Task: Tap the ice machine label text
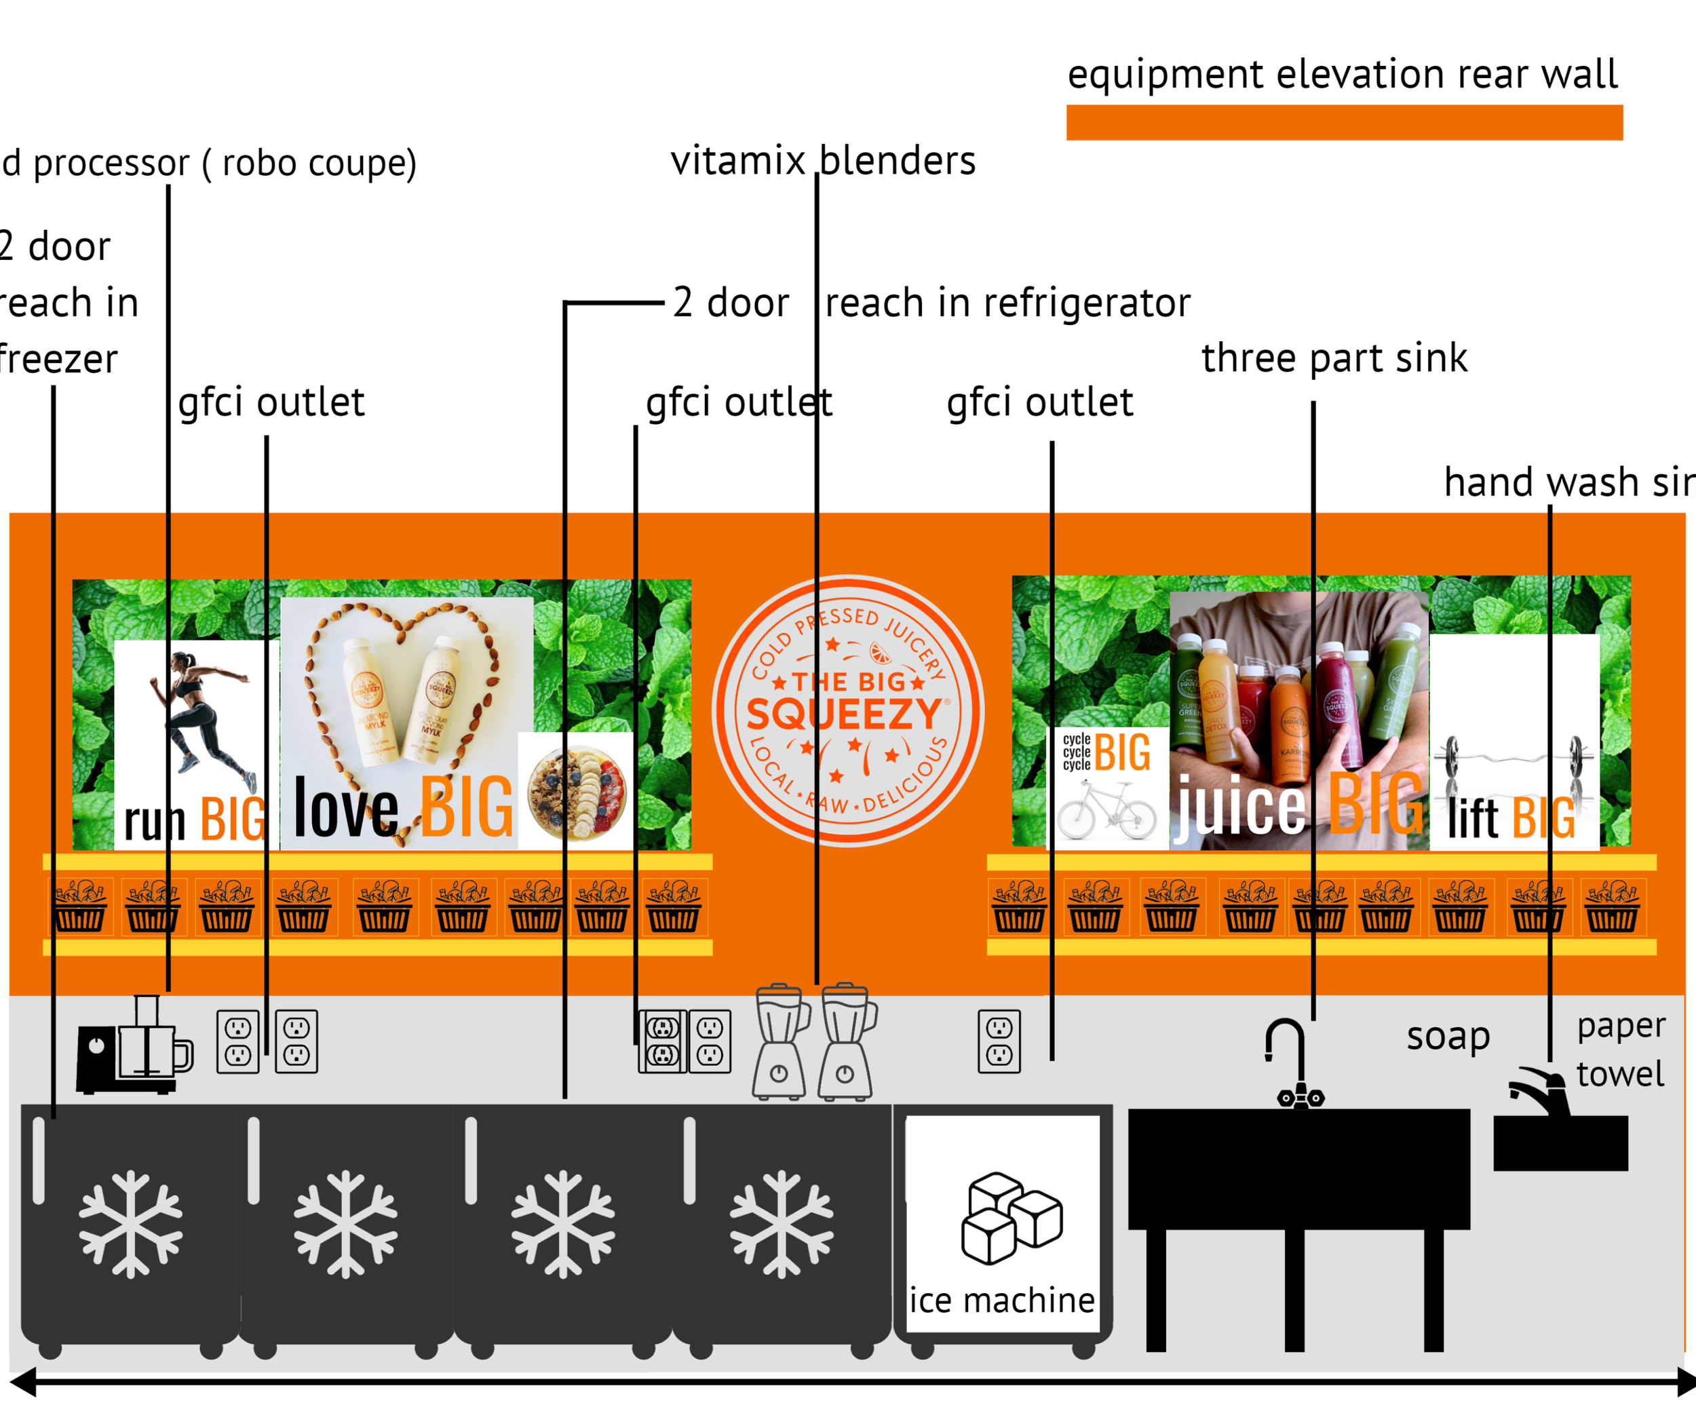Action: pyautogui.click(x=1001, y=1301)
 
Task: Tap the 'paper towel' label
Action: pyautogui.click(x=1620, y=1050)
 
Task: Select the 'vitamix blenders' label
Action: pyautogui.click(x=823, y=161)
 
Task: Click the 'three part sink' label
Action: pyautogui.click(x=1334, y=358)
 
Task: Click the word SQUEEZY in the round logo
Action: pyautogui.click(x=844, y=714)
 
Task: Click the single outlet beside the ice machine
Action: pyautogui.click(x=999, y=1041)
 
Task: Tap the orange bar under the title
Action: pyautogui.click(x=1344, y=123)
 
